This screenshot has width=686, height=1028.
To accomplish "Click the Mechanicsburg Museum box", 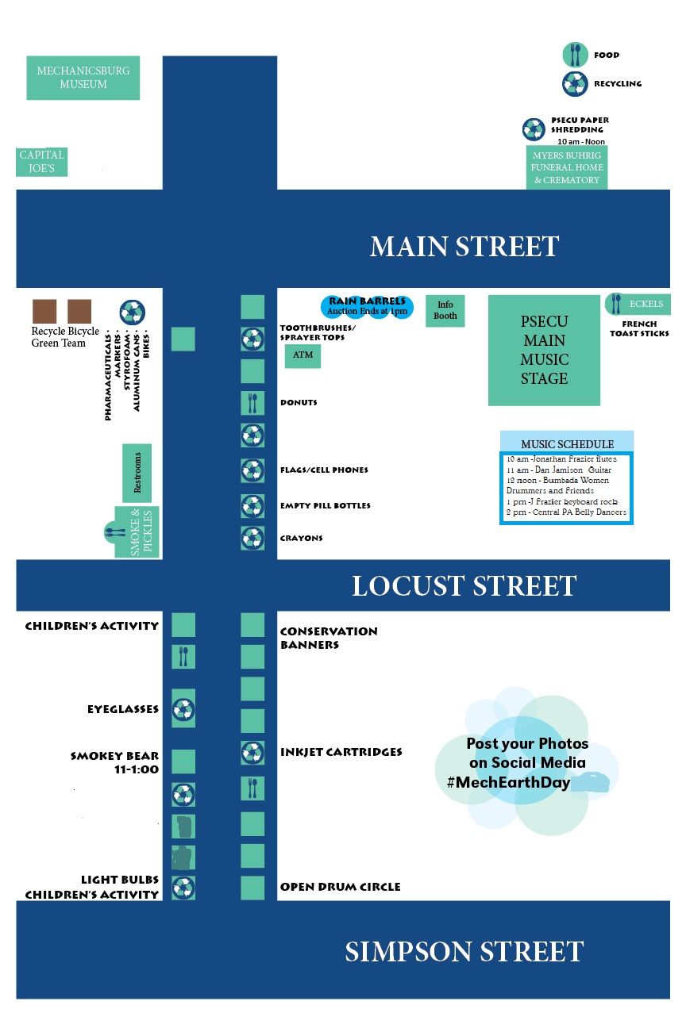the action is click(x=83, y=78).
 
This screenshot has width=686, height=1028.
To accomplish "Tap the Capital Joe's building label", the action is click(x=42, y=162).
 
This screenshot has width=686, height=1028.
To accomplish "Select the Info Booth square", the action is click(x=445, y=311).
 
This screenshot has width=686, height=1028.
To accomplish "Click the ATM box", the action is click(x=303, y=355).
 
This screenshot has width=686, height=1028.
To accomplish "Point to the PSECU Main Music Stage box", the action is click(x=544, y=350).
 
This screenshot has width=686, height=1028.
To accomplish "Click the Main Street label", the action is click(x=464, y=247).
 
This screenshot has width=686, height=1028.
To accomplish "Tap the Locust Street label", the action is click(x=464, y=586).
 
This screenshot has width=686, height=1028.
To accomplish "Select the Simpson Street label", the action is click(x=464, y=951).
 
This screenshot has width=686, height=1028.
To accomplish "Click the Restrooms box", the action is click(x=137, y=473).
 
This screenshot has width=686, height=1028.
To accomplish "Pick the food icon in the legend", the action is click(x=575, y=55).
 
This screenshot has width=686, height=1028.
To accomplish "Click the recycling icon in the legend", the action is click(x=575, y=84).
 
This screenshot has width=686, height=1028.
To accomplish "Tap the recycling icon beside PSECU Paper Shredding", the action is click(x=534, y=129).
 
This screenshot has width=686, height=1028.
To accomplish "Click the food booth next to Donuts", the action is click(x=252, y=404).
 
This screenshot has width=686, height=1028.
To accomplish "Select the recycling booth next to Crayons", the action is click(x=252, y=538).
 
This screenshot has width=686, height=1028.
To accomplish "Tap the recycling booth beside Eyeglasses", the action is click(x=183, y=708).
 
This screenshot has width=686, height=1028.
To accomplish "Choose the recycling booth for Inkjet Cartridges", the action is click(x=252, y=753).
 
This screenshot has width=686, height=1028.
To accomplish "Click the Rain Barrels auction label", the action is click(x=367, y=306).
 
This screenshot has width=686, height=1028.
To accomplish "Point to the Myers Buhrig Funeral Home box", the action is click(x=567, y=167).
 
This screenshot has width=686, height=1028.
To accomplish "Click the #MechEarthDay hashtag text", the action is click(x=509, y=782).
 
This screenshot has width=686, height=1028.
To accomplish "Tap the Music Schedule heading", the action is click(x=567, y=443).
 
